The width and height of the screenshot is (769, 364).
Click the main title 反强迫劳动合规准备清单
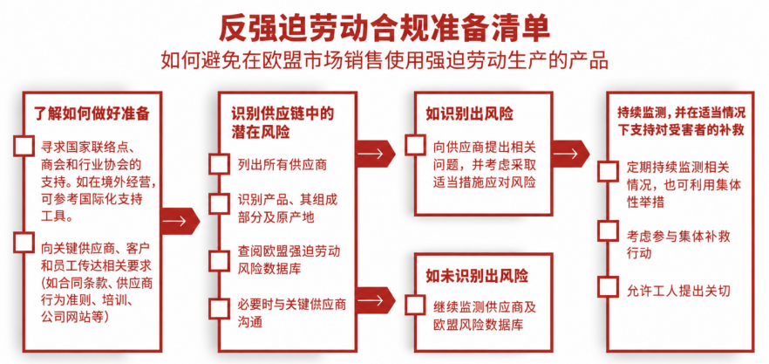[384, 28]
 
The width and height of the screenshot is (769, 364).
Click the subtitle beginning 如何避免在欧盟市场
[385, 60]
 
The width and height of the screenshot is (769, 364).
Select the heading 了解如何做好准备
[92, 113]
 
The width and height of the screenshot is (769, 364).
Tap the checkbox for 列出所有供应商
[219, 164]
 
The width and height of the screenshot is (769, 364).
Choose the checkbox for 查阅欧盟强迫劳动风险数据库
[219, 260]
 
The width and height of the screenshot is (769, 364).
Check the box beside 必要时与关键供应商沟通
[219, 308]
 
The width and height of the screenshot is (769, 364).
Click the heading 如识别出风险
[469, 114]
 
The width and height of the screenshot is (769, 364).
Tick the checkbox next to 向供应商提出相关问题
[415, 146]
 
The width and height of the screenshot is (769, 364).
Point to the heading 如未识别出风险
[477, 276]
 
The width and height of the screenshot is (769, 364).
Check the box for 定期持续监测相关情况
[609, 171]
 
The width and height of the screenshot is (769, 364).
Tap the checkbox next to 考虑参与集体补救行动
[609, 230]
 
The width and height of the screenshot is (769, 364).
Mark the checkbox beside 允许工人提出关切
[609, 287]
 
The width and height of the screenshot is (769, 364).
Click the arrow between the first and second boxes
[180, 221]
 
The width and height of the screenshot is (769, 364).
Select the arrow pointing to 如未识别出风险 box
[376, 299]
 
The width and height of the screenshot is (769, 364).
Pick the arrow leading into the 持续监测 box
[570, 154]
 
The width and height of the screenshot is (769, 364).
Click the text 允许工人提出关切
[678, 292]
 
